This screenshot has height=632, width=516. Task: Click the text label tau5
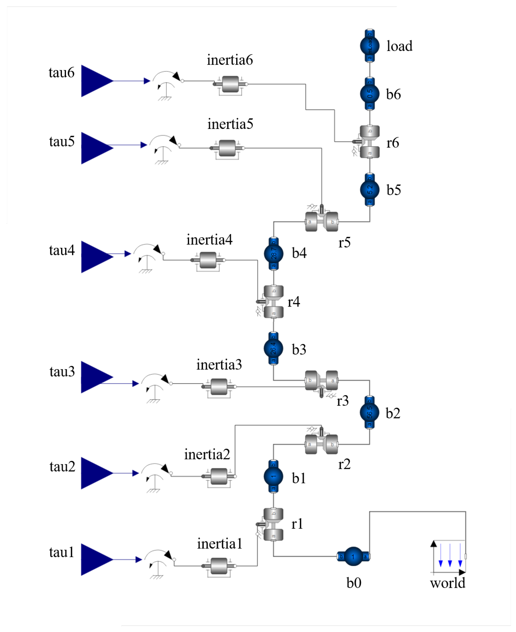(x=62, y=142)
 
